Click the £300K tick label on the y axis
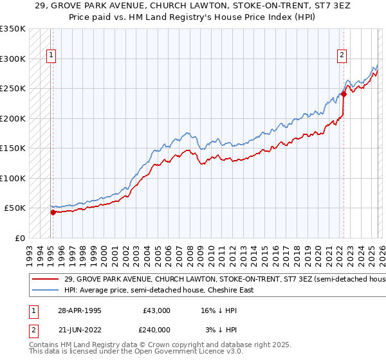click(13, 59)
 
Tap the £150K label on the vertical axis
click(13, 148)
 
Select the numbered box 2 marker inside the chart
click(343, 55)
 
